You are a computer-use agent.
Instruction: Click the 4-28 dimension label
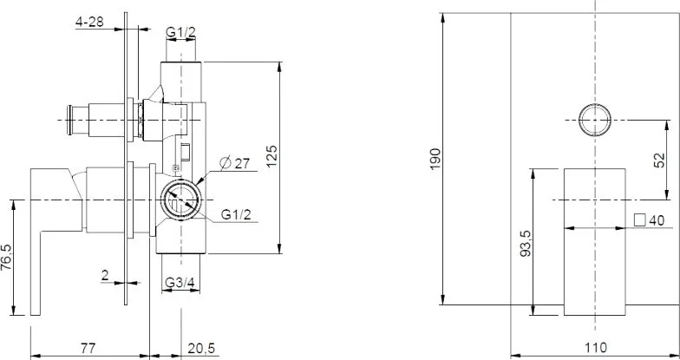[90, 22]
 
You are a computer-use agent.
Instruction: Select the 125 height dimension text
[271, 156]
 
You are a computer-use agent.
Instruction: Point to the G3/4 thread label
[180, 283]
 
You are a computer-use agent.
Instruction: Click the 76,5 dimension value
[7, 258]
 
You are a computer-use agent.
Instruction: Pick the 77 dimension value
[88, 348]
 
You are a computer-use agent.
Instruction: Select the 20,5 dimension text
[201, 349]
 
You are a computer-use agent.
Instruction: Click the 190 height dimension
[435, 160]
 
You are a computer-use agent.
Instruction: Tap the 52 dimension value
[659, 160]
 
